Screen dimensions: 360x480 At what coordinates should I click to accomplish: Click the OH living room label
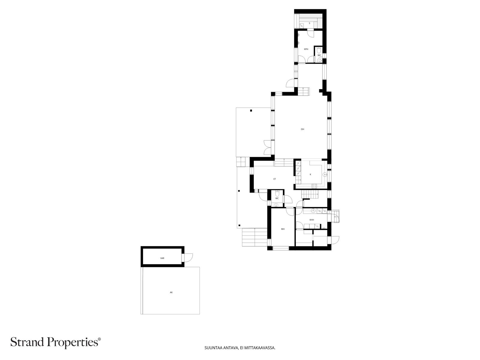[302, 129]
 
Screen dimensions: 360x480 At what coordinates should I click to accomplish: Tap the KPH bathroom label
[306, 49]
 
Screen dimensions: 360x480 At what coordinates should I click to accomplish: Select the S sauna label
[309, 23]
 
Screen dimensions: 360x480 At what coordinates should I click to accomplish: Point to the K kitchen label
[310, 174]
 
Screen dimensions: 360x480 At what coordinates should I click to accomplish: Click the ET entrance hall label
[274, 179]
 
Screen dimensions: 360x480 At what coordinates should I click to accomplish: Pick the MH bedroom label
[283, 229]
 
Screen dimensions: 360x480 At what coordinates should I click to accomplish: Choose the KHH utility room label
[312, 220]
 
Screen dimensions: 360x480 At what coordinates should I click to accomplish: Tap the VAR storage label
[162, 258]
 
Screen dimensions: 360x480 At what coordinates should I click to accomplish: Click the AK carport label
[171, 292]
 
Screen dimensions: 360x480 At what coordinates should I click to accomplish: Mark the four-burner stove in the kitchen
[314, 186]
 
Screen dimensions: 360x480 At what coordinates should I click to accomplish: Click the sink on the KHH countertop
[313, 211]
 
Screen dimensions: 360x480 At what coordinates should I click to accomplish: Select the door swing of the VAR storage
[188, 258]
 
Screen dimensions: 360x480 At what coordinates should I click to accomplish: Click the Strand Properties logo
[56, 342]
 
